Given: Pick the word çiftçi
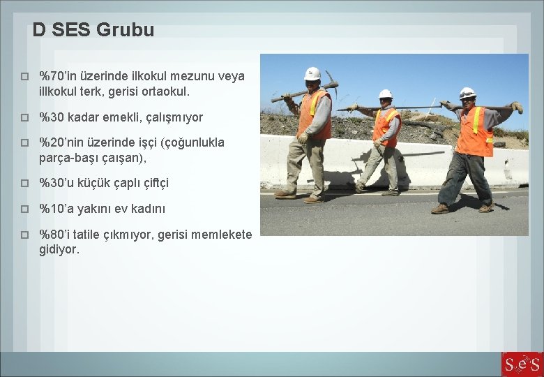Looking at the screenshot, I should [x=151, y=183].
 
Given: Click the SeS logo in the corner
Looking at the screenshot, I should [x=522, y=364].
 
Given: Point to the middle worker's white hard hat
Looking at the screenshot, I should [x=386, y=94].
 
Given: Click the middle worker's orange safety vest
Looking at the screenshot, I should [x=385, y=125].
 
